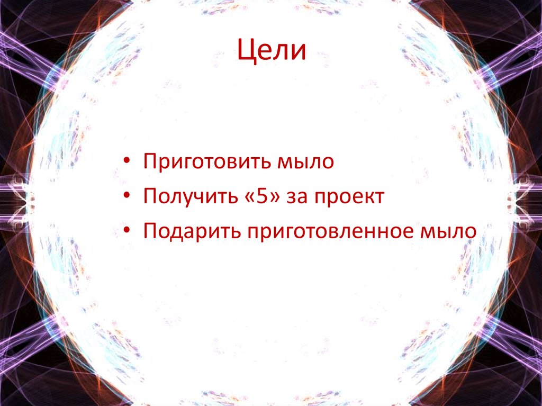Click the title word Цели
click(271, 51)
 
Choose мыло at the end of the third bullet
click(447, 232)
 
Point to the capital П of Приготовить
click(149, 161)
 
